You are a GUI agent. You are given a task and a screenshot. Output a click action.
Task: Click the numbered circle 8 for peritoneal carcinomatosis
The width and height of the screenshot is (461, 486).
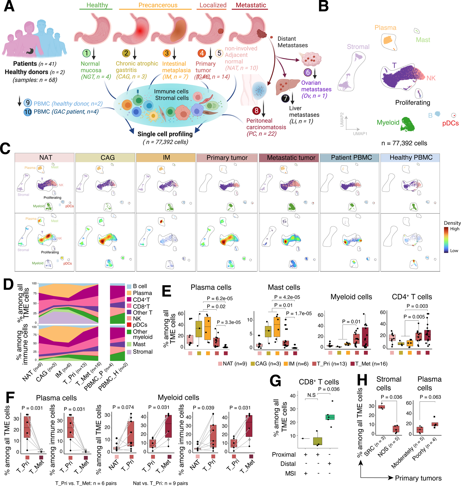pyautogui.click(x=256, y=110)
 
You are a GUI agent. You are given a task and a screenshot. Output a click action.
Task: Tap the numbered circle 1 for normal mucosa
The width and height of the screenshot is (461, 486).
pyautogui.click(x=86, y=53)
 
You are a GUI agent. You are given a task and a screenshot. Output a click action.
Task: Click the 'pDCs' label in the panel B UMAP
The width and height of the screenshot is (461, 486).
pyautogui.click(x=450, y=123)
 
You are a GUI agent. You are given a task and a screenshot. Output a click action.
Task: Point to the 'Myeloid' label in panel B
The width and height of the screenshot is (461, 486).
pyautogui.click(x=388, y=122)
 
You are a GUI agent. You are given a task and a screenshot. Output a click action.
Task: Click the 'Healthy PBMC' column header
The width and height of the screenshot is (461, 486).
pyautogui.click(x=411, y=157)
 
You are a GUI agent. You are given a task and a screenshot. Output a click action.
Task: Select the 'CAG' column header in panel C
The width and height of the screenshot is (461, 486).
pyautogui.click(x=108, y=157)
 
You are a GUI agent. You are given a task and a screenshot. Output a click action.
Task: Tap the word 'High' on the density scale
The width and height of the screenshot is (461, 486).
pyautogui.click(x=455, y=229)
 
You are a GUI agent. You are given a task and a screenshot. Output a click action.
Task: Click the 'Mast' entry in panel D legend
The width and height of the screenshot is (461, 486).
pyautogui.click(x=139, y=344)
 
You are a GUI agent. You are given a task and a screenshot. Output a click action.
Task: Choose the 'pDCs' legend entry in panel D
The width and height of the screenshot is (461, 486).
pyautogui.click(x=140, y=325)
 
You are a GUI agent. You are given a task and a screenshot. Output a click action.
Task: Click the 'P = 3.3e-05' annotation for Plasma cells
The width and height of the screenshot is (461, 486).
pyautogui.click(x=228, y=322)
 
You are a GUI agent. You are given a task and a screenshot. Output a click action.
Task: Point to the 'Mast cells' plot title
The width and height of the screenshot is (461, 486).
pyautogui.click(x=284, y=287)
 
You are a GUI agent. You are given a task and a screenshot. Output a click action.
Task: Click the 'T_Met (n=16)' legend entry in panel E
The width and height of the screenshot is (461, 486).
pyautogui.click(x=371, y=364)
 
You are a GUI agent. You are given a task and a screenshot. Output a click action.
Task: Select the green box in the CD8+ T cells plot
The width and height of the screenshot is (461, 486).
pyautogui.click(x=330, y=417)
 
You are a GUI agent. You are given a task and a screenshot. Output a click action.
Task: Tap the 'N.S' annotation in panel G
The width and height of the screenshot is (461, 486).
pyautogui.click(x=311, y=395)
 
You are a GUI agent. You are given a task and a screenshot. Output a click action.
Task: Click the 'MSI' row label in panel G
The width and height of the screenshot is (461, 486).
pyautogui.click(x=290, y=473)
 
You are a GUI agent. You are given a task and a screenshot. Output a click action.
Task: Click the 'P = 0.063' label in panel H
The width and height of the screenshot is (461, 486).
pyautogui.click(x=430, y=397)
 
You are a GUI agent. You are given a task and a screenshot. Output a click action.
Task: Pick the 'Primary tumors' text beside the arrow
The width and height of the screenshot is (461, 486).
pyautogui.click(x=418, y=478)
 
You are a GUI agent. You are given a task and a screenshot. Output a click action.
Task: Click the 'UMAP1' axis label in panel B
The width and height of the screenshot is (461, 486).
pyautogui.click(x=360, y=134)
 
